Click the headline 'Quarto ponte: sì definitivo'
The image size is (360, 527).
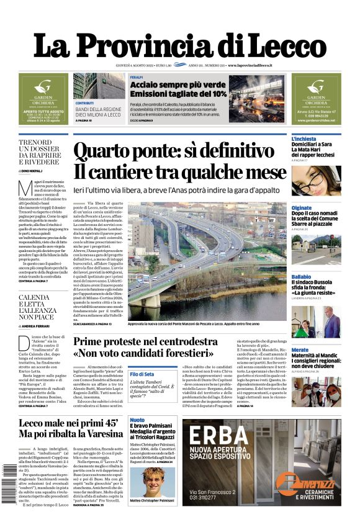pyautogui.click(x=173, y=151)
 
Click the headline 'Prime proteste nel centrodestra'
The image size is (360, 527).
pyautogui.click(x=148, y=341)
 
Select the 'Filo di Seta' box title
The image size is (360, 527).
pyautogui.click(x=142, y=374)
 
